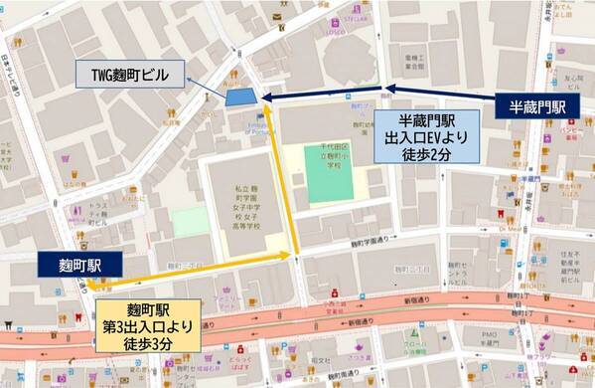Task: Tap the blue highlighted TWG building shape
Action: [238, 97]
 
